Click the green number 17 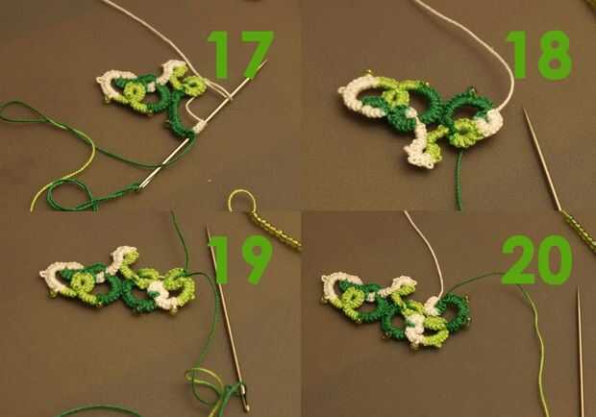[x=240, y=55]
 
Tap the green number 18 [x=539, y=55]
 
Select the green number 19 [x=240, y=259]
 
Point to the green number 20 [x=536, y=259]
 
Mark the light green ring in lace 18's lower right [x=461, y=133]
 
